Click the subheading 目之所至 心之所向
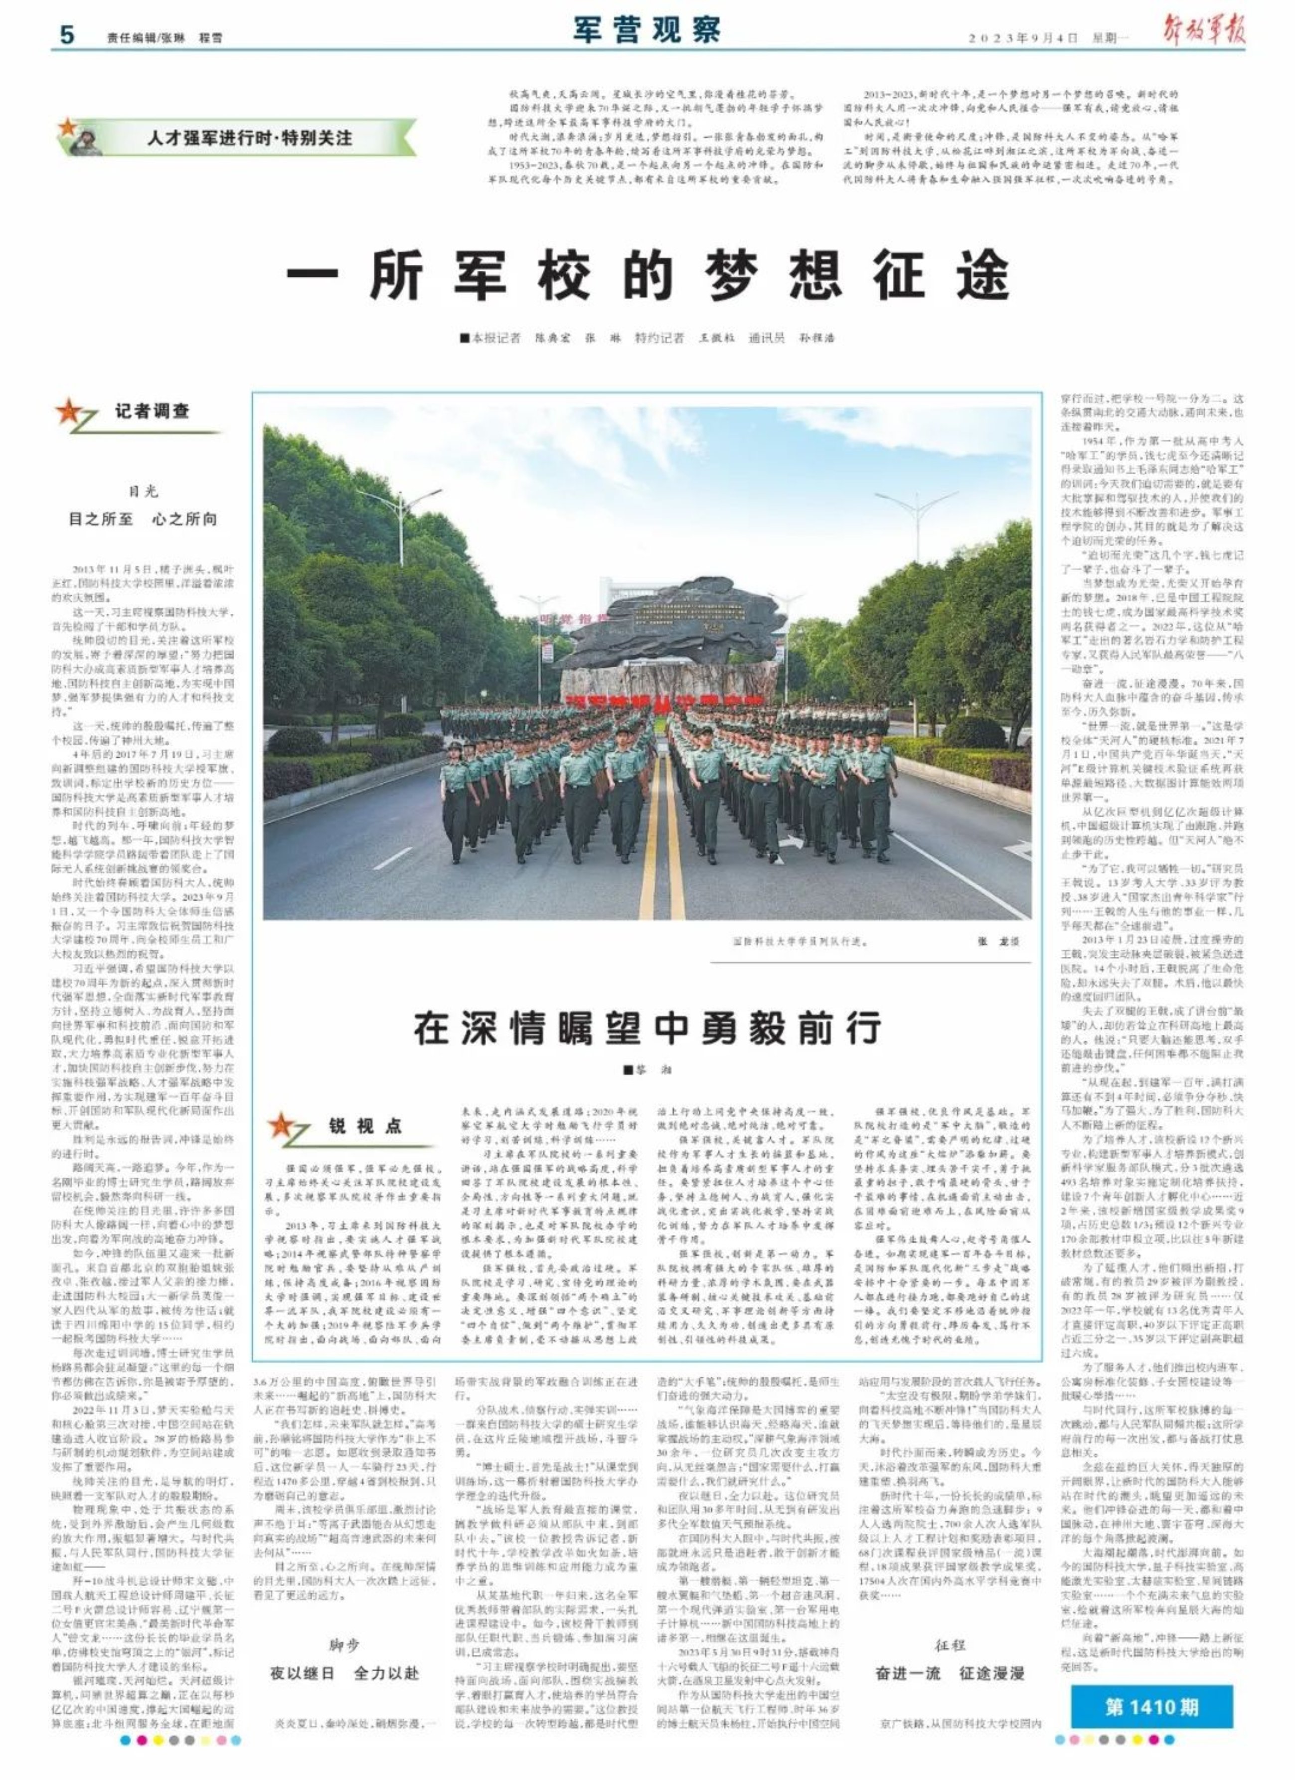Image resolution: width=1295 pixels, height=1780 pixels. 143,519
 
